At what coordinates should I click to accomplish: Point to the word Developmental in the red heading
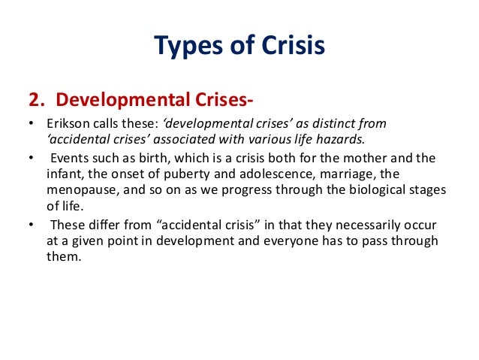113,101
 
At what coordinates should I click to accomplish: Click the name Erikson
62,123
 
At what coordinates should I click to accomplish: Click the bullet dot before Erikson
30,124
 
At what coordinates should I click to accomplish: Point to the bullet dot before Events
30,159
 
